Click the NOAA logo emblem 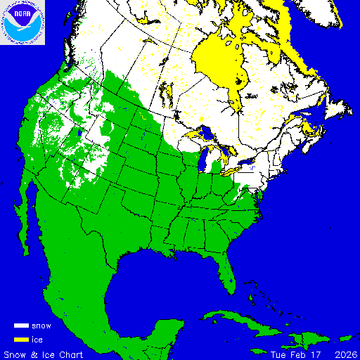[x=22, y=22]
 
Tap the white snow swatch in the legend [x=21, y=326]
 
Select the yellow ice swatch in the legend [x=21, y=340]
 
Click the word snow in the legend [x=41, y=326]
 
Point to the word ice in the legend [x=37, y=340]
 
